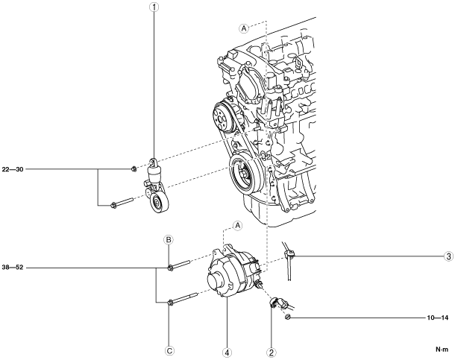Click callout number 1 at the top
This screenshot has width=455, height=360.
(x=154, y=7)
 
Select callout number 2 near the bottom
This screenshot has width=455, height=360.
(x=271, y=352)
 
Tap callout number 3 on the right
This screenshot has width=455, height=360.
(x=448, y=256)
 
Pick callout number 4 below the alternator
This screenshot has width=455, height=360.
(x=227, y=352)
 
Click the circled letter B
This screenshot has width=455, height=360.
(x=169, y=240)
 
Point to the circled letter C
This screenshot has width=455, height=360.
(x=169, y=351)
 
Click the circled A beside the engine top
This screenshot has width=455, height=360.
(x=244, y=28)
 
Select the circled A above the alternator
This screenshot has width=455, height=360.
(x=238, y=225)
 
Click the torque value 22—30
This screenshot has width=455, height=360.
(x=13, y=169)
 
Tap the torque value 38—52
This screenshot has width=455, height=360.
(x=13, y=268)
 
